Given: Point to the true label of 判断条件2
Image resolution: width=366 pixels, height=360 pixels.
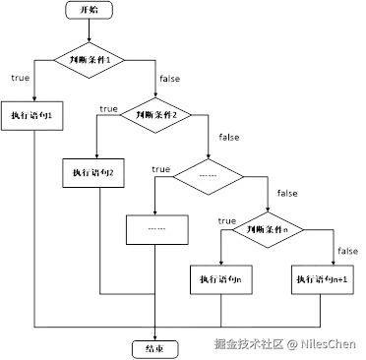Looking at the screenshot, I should click(x=105, y=106).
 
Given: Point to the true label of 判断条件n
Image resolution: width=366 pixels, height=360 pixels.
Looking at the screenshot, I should click(x=226, y=222).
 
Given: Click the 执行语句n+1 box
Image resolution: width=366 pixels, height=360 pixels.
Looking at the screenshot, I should click(x=323, y=280).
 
